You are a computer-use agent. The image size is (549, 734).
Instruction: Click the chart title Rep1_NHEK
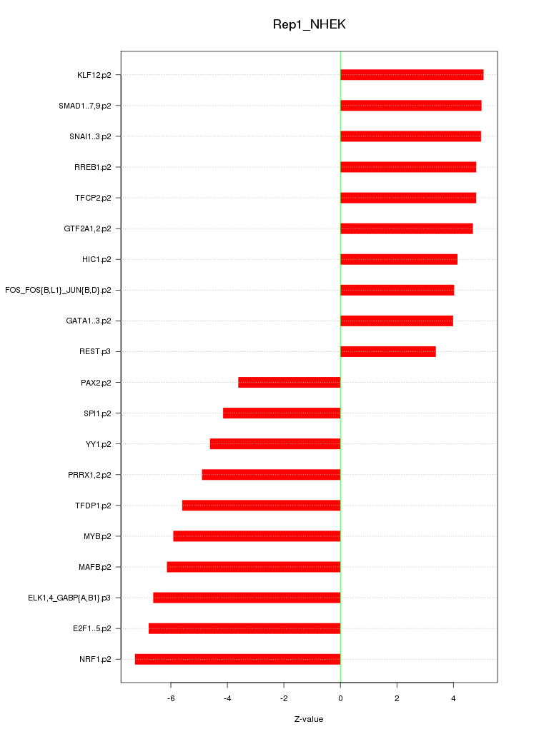tap(309, 25)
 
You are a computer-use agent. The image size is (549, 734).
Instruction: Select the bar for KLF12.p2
tap(412, 75)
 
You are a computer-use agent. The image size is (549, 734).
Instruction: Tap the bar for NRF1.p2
tap(237, 659)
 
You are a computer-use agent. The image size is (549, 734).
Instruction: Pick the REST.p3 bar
tap(387, 351)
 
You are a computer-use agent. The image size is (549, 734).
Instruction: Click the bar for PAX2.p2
tap(289, 383)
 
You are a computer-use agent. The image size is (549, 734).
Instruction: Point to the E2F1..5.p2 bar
tap(244, 628)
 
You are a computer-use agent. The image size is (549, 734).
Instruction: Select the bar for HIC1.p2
tap(399, 259)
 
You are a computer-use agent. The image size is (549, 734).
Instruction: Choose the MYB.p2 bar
tap(257, 536)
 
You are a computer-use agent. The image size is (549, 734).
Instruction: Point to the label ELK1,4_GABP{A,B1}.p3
tap(69, 598)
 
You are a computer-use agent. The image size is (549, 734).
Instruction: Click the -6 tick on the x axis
tap(171, 698)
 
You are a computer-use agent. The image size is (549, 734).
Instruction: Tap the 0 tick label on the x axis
tap(340, 698)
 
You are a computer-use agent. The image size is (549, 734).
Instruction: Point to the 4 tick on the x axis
tap(453, 698)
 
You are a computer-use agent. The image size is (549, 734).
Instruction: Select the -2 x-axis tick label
tap(284, 698)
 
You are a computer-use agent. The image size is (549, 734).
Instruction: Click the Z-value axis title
tap(309, 719)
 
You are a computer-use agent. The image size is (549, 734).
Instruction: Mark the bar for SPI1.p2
tap(282, 413)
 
